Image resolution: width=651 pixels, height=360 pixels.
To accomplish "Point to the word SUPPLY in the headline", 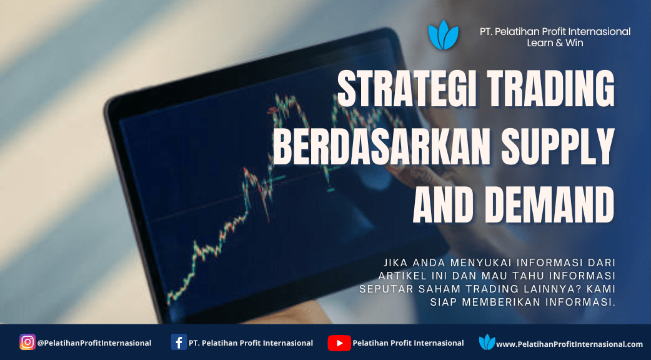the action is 558,146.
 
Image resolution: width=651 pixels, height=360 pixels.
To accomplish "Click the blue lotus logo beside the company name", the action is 444,35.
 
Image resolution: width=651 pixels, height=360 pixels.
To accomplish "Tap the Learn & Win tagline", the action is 555,42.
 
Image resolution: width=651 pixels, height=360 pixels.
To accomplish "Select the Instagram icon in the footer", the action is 27,342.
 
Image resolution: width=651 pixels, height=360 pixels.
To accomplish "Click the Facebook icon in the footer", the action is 179,342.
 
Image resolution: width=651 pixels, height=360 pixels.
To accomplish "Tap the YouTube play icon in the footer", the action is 339,343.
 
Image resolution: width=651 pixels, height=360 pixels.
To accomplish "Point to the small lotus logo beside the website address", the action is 487,342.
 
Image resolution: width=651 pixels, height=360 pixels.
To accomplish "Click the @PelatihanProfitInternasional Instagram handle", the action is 94,343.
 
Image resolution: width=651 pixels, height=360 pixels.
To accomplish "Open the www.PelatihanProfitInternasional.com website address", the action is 570,344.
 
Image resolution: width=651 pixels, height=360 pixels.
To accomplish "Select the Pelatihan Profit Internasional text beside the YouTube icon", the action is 408,343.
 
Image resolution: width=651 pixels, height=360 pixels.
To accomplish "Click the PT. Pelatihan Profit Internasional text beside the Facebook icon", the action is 251,343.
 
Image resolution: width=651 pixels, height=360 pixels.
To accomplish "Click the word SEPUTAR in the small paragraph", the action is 382,289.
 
